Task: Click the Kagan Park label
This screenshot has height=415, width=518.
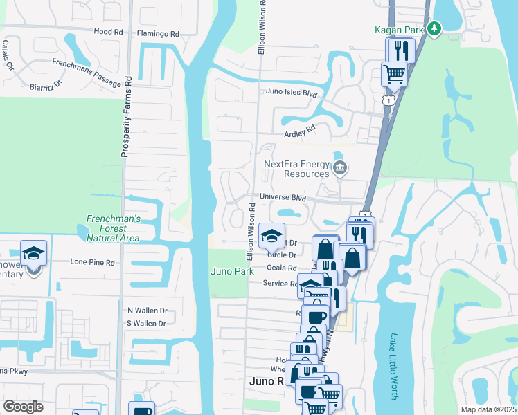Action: coord(399,29)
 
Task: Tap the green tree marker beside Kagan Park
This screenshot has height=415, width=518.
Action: coord(434,28)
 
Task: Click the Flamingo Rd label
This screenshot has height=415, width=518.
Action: coord(157,33)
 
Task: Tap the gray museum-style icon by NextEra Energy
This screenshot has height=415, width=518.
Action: coord(340,167)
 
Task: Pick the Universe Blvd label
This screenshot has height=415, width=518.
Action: coord(283,197)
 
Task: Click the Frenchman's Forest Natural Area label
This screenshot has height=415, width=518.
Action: coord(113,228)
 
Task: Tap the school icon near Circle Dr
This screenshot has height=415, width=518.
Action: coord(272,235)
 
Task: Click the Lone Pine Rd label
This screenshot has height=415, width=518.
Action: coord(92,262)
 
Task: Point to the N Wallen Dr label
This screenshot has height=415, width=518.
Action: coord(147,311)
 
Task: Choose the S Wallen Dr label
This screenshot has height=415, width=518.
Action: coord(147,323)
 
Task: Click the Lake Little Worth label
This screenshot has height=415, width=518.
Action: coord(393,367)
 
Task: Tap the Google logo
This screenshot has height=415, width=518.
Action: coord(23,407)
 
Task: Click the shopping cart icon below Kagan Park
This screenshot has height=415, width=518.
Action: coord(394,73)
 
